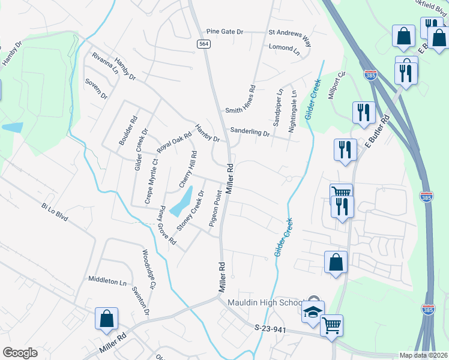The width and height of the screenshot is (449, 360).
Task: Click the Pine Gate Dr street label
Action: (x=224, y=31)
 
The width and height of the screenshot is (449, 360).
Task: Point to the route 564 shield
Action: (x=204, y=44)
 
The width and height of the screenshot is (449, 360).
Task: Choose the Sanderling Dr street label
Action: (x=249, y=133)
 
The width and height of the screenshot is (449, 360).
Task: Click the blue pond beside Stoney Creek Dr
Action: (x=181, y=202)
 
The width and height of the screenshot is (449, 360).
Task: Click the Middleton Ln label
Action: (x=107, y=281)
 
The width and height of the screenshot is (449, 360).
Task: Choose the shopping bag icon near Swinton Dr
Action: (x=106, y=319)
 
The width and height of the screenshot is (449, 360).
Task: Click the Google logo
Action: (x=20, y=353)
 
